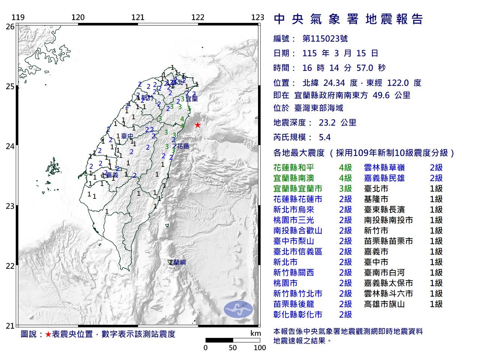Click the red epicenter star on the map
(197, 125)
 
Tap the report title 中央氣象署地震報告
(349, 19)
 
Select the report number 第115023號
(325, 39)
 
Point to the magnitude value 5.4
(324, 137)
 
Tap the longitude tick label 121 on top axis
(138, 17)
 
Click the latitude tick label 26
(10, 27)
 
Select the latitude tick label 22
(10, 266)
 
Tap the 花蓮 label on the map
(183, 146)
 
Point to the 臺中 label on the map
(127, 136)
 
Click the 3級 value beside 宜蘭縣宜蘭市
(345, 189)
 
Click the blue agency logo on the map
(238, 309)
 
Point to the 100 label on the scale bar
(259, 348)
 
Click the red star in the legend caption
(48, 334)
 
